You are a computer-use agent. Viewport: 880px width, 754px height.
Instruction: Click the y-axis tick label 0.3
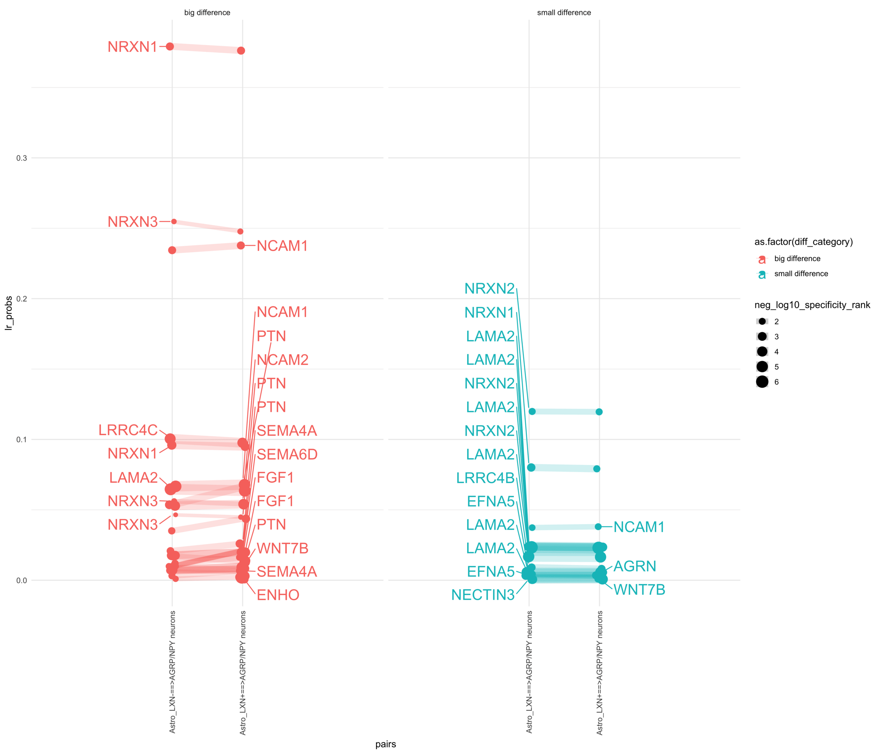(x=21, y=158)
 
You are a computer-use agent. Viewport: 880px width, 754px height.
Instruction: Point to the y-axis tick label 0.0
(x=21, y=580)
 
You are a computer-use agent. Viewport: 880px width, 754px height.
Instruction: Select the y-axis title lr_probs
(x=9, y=313)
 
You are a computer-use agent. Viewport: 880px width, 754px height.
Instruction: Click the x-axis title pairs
(x=385, y=744)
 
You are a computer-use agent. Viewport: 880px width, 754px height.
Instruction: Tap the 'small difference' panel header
(x=564, y=13)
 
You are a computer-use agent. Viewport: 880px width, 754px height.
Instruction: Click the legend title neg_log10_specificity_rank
(x=812, y=305)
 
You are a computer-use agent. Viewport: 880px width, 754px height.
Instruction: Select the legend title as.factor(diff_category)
(x=803, y=242)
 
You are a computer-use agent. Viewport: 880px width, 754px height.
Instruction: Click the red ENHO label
(x=278, y=595)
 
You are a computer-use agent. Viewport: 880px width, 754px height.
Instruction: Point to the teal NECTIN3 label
(x=483, y=595)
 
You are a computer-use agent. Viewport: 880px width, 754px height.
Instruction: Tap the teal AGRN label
(x=634, y=566)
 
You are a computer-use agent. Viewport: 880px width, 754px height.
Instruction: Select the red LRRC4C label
(x=128, y=430)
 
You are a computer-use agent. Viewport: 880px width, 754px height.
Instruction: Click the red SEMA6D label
(x=287, y=454)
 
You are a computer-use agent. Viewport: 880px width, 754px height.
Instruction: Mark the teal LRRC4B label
(x=485, y=478)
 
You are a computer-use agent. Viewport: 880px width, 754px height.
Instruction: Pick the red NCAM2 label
(x=282, y=360)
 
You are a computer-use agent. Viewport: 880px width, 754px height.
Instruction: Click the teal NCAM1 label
(x=639, y=527)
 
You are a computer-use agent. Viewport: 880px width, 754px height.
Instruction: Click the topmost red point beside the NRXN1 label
(x=170, y=46)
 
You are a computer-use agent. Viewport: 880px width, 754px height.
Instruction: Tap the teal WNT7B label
(x=639, y=590)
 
